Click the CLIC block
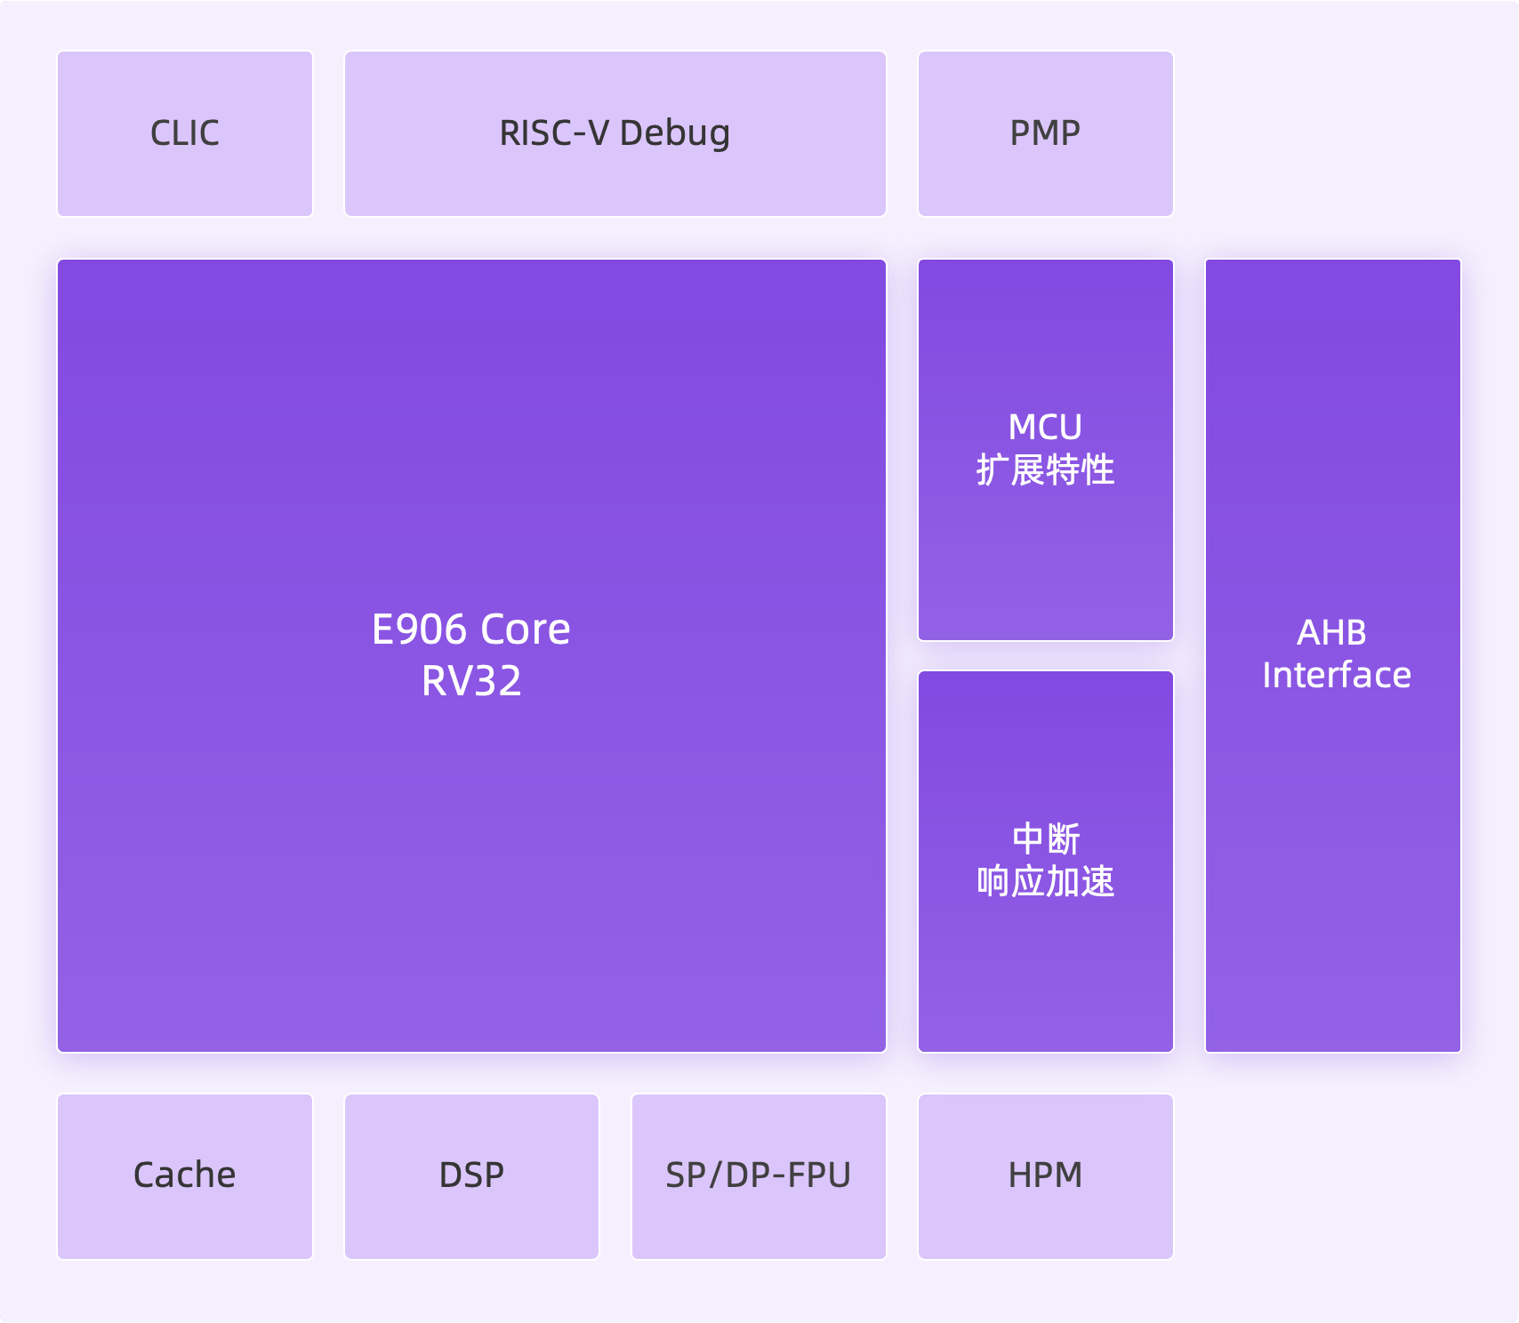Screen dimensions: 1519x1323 [x=185, y=133]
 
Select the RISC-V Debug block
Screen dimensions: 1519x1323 [x=615, y=133]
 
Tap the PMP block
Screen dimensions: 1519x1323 [x=1046, y=133]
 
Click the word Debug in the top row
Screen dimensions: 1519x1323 [x=675, y=133]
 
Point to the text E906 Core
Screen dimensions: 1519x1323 [x=471, y=629]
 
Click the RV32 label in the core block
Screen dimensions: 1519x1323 [x=471, y=681]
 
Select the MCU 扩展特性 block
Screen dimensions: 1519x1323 [x=1046, y=450]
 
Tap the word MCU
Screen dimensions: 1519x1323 [x=1046, y=428]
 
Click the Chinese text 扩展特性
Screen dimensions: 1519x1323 [x=1046, y=469]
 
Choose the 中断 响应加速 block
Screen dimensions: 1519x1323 [x=1046, y=862]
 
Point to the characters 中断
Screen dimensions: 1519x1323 [x=1046, y=839]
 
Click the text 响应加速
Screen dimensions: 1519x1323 [x=1046, y=881]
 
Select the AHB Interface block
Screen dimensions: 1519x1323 [x=1333, y=655]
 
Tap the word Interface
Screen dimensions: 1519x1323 [x=1337, y=675]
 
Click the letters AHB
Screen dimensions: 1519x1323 [x=1332, y=633]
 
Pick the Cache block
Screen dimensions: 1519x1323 [x=185, y=1176]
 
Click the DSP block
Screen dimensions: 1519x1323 [x=471, y=1176]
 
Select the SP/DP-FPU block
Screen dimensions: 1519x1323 [x=759, y=1176]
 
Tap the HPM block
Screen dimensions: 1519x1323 [x=1046, y=1176]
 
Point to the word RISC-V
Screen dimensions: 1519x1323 [x=554, y=133]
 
